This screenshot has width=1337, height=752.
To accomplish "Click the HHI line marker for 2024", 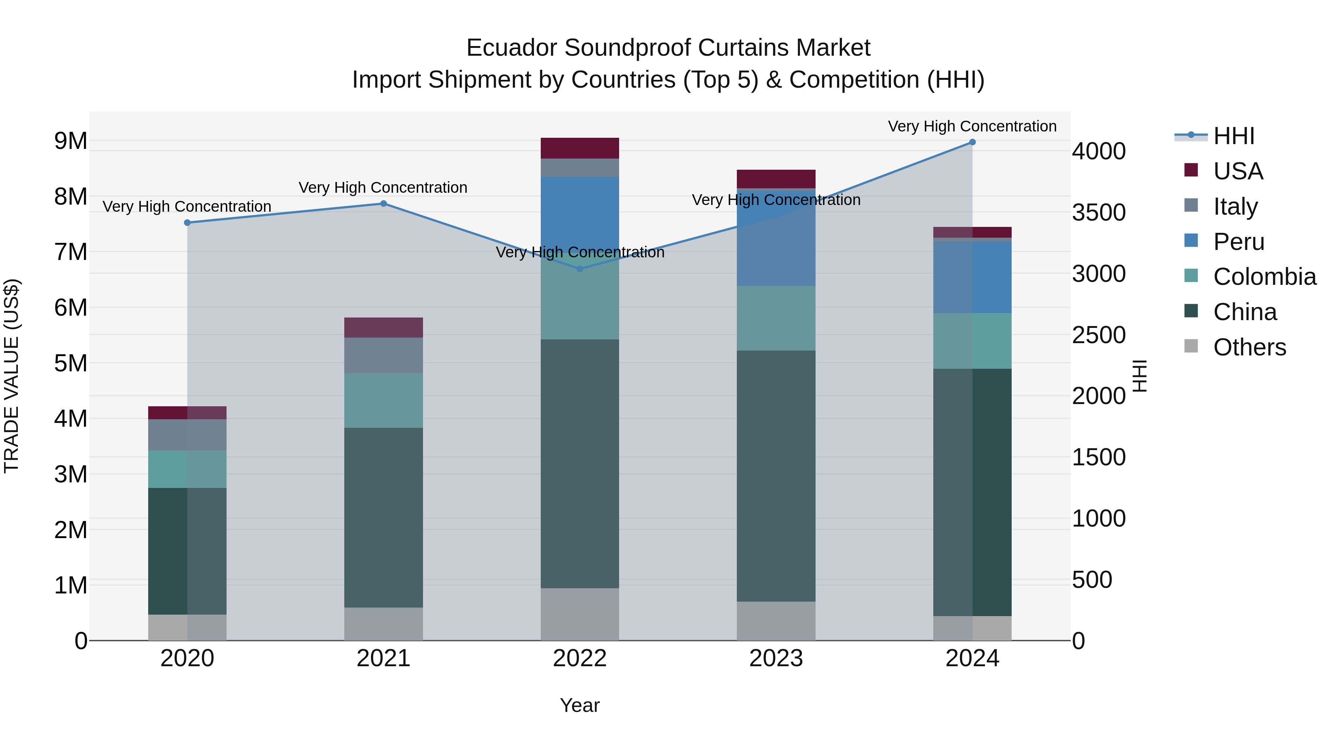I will [972, 142].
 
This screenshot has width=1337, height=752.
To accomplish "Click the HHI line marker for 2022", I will [580, 269].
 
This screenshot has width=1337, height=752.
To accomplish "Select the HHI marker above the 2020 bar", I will [188, 223].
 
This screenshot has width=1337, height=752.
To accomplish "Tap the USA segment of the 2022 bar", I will [580, 149].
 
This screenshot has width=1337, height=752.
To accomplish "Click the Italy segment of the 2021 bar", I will [384, 355].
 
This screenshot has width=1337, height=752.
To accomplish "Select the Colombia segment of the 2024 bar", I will [972, 341].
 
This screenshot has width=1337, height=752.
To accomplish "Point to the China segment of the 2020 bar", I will [188, 551].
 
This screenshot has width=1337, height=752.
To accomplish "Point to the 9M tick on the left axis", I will [71, 141].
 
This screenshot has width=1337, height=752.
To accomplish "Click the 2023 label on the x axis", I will [776, 658].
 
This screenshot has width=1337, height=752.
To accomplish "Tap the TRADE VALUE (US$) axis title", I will [12, 376].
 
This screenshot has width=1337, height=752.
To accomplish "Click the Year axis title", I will [580, 705].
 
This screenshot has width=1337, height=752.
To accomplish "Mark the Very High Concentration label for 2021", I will [383, 188].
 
